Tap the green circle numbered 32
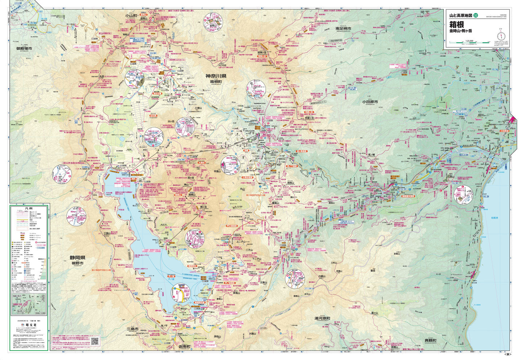(x=476, y=15)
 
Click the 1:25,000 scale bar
(x=469, y=43)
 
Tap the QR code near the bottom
(x=95, y=340)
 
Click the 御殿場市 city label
(x=24, y=48)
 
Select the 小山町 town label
(x=131, y=16)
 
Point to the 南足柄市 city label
(x=343, y=28)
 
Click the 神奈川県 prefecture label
(x=215, y=76)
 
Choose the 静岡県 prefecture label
(x=77, y=258)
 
